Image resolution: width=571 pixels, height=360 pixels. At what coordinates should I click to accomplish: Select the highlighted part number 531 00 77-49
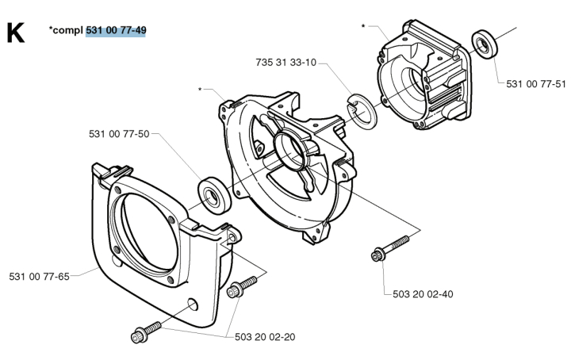click(117, 30)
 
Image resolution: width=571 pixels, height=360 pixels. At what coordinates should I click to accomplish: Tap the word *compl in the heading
click(65, 30)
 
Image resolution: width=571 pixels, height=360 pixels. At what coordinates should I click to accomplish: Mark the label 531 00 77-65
click(40, 276)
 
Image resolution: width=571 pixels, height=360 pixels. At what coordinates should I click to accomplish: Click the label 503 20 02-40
click(423, 293)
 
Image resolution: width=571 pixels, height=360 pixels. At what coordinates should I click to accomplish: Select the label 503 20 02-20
click(265, 336)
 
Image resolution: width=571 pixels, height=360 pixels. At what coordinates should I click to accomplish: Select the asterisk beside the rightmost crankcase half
click(363, 26)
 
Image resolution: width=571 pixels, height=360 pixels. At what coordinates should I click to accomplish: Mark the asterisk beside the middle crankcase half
click(201, 89)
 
